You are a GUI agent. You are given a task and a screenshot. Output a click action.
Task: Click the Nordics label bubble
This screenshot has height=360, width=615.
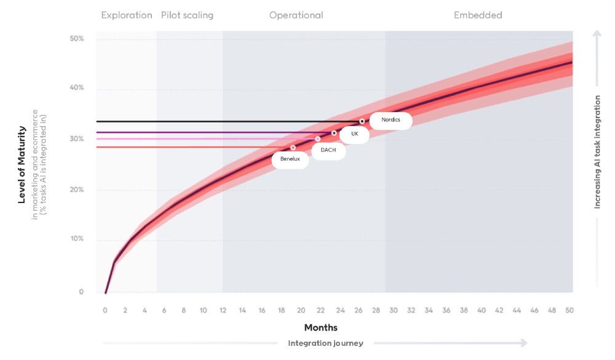(391, 120)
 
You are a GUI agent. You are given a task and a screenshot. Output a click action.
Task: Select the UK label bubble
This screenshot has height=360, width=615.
(354, 134)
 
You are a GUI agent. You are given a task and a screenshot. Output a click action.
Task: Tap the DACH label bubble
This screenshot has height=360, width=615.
(328, 150)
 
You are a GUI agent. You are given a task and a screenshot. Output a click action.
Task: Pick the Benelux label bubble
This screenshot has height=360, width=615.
(290, 159)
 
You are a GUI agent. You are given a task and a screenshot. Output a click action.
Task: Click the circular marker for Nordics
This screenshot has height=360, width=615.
(362, 121)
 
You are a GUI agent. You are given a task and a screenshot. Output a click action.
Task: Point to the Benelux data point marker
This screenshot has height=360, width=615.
(293, 148)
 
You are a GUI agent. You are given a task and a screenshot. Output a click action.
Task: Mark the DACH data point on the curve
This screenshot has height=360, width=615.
(318, 139)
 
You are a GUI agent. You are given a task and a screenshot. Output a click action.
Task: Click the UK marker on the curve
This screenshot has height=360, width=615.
(334, 133)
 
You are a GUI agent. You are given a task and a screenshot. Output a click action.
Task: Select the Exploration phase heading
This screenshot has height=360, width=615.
(127, 15)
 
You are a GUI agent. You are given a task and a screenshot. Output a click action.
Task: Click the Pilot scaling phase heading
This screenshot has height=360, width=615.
(187, 15)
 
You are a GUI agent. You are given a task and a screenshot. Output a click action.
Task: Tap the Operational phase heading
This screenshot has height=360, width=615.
(296, 15)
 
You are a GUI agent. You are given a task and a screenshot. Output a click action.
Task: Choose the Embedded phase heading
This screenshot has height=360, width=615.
(478, 15)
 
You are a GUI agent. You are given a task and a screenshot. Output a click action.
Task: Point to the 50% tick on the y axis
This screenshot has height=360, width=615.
(77, 39)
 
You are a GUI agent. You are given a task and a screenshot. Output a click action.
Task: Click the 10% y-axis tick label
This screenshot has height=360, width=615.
(77, 239)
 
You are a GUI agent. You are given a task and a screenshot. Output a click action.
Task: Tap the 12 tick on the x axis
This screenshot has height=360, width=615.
(223, 310)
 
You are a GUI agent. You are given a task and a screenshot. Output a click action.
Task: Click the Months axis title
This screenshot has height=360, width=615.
(320, 327)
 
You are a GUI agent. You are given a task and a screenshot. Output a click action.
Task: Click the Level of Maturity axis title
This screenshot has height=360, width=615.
(22, 164)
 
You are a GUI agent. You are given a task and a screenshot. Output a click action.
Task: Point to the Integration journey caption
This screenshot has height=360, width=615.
(325, 343)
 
